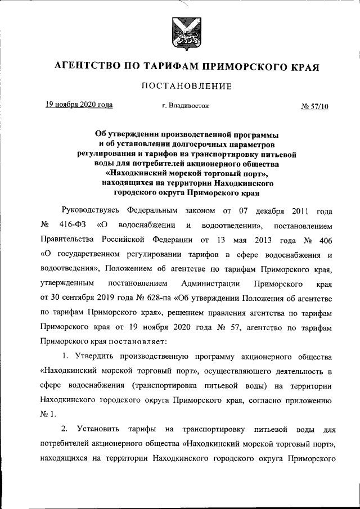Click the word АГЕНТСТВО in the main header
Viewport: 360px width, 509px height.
pos(85,66)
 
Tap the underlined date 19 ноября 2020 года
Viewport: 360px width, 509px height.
pos(79,105)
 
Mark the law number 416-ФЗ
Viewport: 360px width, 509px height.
pos(71,226)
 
